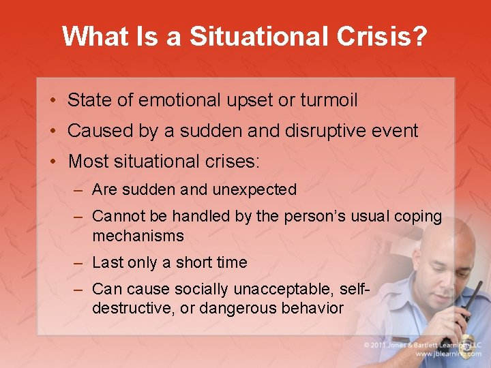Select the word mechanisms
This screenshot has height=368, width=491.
click(x=138, y=236)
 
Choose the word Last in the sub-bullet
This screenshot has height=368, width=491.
click(x=106, y=262)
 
